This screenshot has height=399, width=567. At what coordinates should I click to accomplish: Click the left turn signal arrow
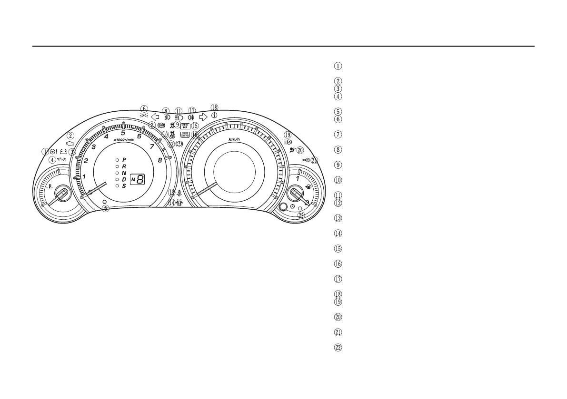tap(155, 116)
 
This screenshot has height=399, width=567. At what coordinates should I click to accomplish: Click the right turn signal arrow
tap(203, 116)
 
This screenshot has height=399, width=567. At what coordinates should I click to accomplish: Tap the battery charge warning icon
tap(64, 152)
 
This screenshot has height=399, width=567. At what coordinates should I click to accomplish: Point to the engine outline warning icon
tap(70, 143)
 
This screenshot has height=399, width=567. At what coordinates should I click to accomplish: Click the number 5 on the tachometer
tap(123, 133)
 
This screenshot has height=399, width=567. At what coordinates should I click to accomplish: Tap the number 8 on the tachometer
tap(160, 160)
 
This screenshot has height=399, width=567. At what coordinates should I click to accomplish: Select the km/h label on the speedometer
tap(233, 139)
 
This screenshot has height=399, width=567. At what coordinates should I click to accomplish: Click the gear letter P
tap(124, 160)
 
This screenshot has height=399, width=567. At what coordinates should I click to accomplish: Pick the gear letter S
tap(124, 186)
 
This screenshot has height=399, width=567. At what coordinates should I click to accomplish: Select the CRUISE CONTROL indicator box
tap(185, 135)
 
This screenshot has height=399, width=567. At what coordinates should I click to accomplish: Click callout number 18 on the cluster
tap(214, 107)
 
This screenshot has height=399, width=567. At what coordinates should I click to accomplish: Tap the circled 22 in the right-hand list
tap(338, 348)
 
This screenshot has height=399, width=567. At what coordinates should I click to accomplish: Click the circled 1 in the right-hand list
tap(338, 66)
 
